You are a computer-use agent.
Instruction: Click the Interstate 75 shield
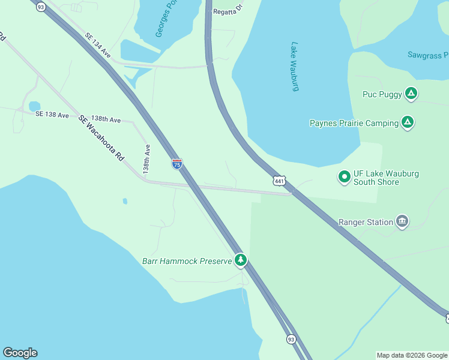coord(177,164)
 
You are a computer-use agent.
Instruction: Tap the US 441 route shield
coord(279,181)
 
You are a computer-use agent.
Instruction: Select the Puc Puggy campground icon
coord(411,94)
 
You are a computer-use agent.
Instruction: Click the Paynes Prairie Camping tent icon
coord(408,123)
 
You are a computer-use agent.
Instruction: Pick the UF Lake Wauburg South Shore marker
coord(345,177)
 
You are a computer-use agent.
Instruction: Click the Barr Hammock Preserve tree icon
coord(241,260)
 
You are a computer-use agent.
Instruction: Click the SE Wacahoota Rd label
coord(101,138)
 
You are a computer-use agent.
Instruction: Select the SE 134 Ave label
coord(98,45)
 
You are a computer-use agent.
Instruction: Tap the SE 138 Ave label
coord(52,114)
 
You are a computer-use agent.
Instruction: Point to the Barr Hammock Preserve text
coord(187,261)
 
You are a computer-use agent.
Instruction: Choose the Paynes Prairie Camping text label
coord(354,123)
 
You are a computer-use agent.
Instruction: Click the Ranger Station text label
coord(365,222)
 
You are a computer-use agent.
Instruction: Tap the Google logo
coord(20,353)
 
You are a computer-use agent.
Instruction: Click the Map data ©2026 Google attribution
coord(412,355)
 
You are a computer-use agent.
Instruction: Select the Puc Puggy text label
coord(382,94)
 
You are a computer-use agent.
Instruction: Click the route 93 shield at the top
coord(41,7)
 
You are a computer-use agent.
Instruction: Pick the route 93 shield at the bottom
coord(291,340)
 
